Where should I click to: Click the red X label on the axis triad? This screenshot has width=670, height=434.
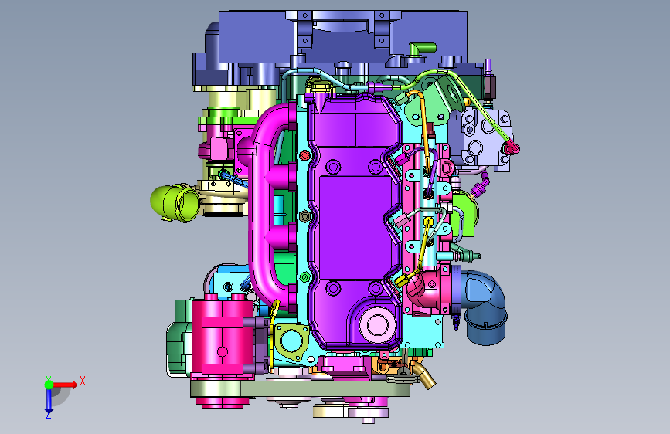click(x=83, y=381)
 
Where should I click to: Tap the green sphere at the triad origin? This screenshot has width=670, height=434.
click(x=49, y=385)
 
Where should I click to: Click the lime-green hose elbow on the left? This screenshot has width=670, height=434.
click(x=175, y=202)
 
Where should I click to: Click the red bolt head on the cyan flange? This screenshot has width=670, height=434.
click(x=304, y=155)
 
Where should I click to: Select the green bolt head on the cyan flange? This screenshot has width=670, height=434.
click(x=304, y=277)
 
